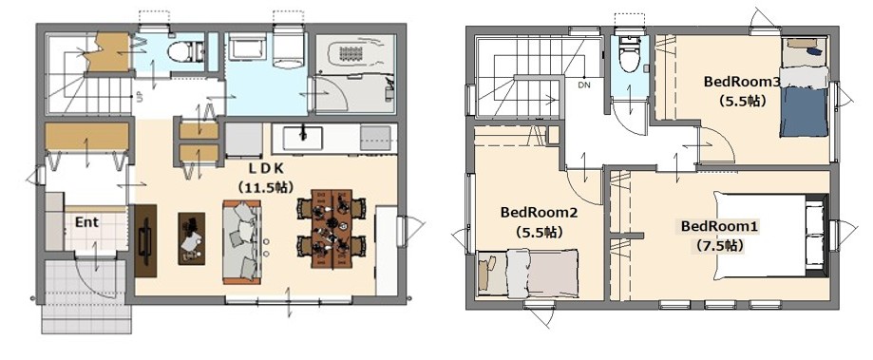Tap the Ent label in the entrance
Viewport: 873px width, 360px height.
(x=86, y=222)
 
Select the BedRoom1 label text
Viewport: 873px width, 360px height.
(x=719, y=227)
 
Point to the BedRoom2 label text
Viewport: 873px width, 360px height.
(x=539, y=213)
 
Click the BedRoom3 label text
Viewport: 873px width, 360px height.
(x=742, y=82)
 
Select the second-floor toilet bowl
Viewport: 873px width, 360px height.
(x=629, y=56)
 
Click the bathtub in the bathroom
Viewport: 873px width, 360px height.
(x=355, y=54)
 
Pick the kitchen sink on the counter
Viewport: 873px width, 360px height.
(x=302, y=138)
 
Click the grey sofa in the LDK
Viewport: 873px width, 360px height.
(x=243, y=242)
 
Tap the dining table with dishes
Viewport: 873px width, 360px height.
(x=331, y=229)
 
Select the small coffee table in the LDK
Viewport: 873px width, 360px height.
(x=192, y=238)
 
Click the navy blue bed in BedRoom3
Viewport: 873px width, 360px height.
(x=804, y=102)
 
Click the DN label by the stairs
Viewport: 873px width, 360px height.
(x=584, y=85)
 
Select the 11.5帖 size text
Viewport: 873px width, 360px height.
(x=265, y=187)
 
